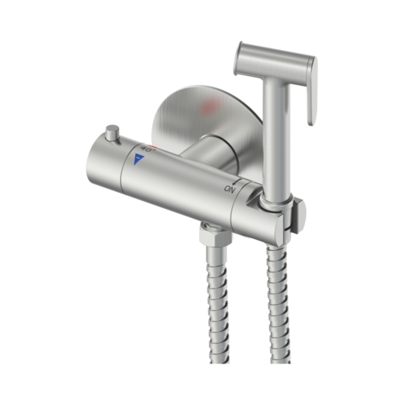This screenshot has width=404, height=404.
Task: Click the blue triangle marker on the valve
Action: point(138,158)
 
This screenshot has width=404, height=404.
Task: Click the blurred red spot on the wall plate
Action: point(209,106)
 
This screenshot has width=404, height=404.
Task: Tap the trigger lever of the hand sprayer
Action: point(311,91)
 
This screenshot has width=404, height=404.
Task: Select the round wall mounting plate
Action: point(206,121)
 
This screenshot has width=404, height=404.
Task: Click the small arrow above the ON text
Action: point(238,182)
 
